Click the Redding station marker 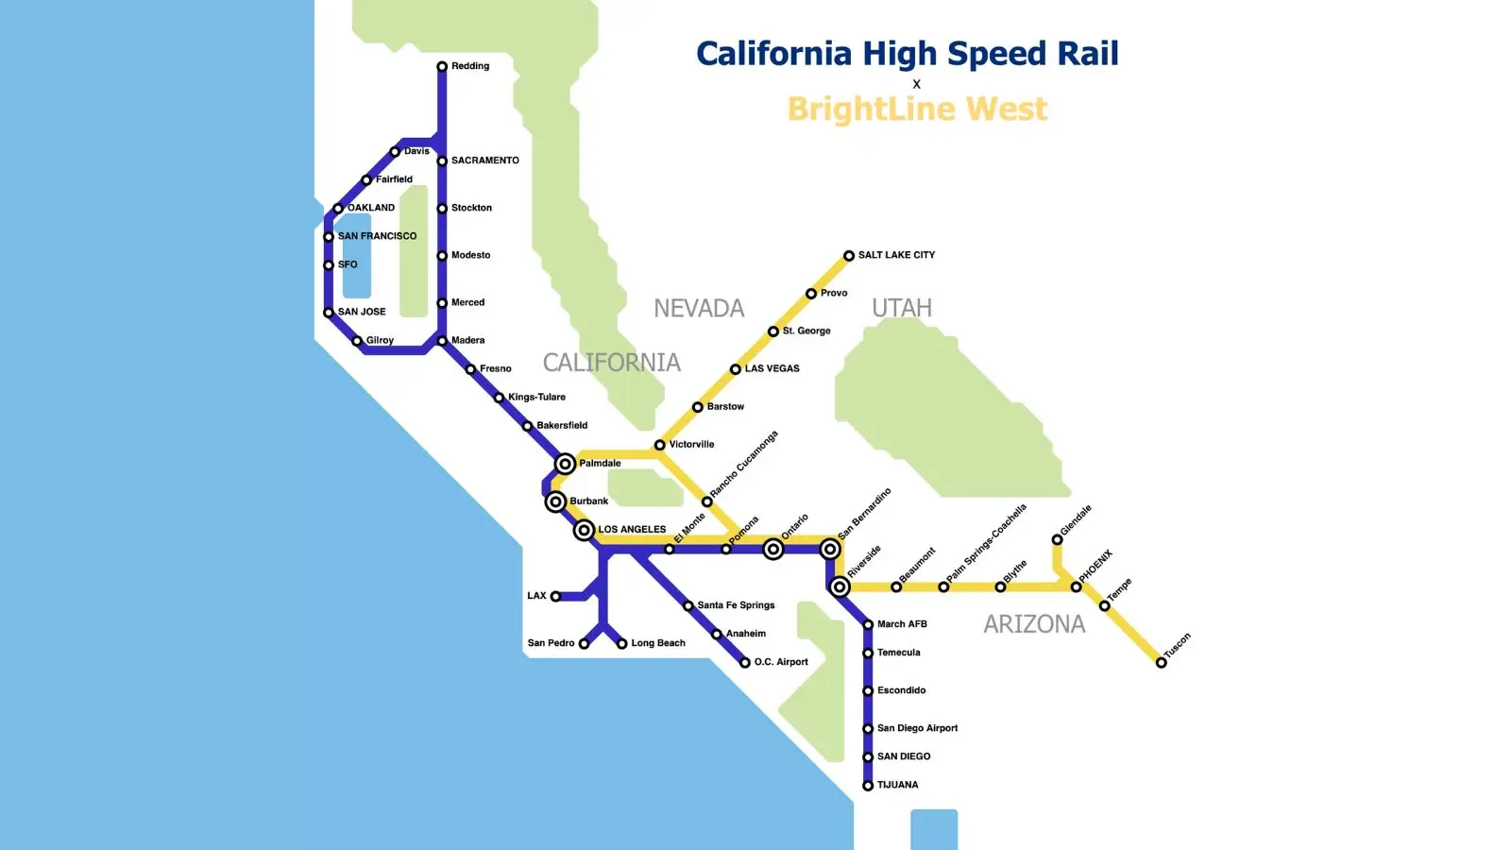point(442,67)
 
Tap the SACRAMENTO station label point(484,161)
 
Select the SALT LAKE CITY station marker point(849,256)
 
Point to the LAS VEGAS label point(772,368)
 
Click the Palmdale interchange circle point(565,464)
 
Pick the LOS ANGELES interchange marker point(585,530)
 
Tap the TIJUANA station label point(897,785)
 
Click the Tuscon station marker point(1162,663)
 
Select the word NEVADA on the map point(699,309)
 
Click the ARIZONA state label point(1034,624)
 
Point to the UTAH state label point(902,309)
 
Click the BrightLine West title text point(917,110)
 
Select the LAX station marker point(555,597)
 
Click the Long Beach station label point(658,643)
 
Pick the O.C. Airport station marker point(745,663)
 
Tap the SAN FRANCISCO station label point(377,236)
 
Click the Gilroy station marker point(357,341)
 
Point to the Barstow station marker point(698,407)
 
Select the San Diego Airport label point(917,728)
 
